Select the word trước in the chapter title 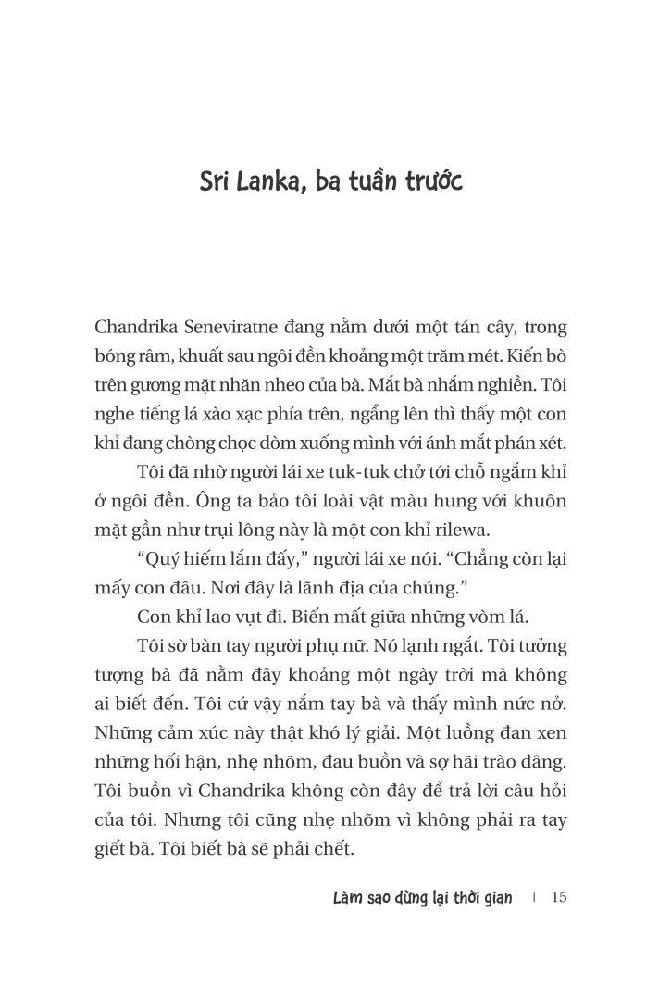tap(432, 181)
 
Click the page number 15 tap(558, 897)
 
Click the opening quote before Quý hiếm tap(141, 558)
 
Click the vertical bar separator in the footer tap(535, 897)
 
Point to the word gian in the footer tap(494, 897)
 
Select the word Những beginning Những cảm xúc tap(120, 732)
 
